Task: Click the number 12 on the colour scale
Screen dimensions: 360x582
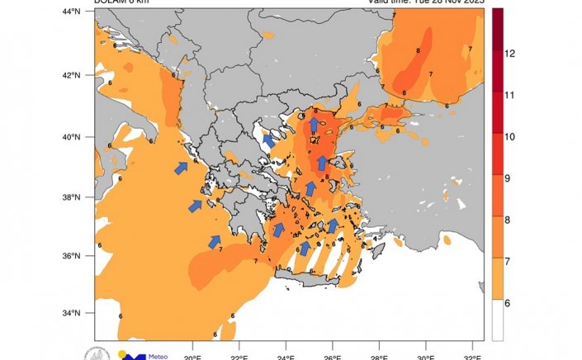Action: pos(509,54)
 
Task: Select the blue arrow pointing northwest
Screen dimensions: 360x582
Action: pos(269,140)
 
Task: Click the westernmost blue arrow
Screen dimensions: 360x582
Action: pos(181,168)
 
